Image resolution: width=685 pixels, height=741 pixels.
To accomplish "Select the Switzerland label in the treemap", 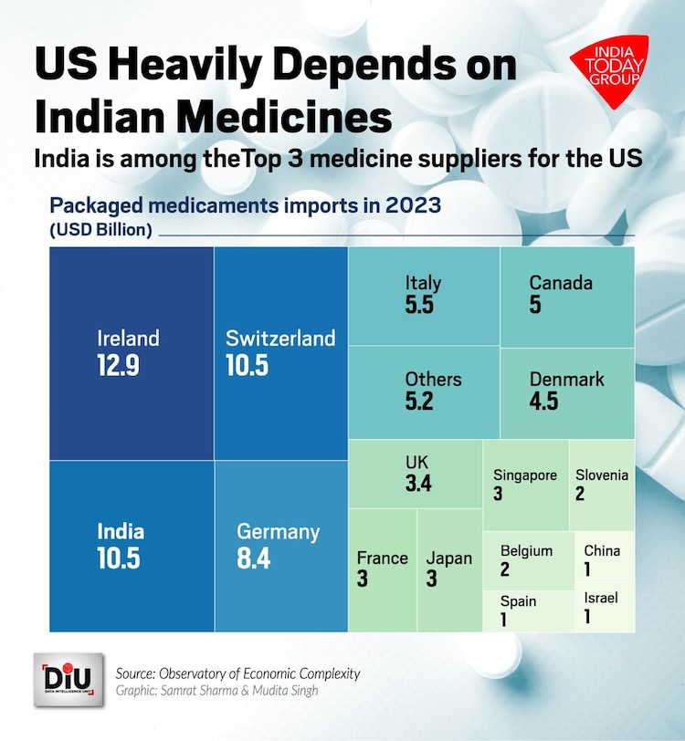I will click(x=280, y=339).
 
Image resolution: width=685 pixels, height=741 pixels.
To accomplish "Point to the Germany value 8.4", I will click(x=254, y=558).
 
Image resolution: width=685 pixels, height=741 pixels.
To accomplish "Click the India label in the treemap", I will click(x=121, y=531).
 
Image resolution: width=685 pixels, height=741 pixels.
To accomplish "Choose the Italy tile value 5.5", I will click(x=419, y=306).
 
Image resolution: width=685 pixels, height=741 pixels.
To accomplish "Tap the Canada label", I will click(x=561, y=282).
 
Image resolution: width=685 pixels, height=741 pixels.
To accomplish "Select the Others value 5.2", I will click(x=419, y=402).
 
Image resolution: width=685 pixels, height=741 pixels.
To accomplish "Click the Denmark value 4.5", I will click(x=543, y=402).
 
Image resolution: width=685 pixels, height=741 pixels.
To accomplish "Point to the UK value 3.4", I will click(x=418, y=484).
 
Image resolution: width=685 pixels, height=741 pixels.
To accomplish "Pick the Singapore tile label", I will click(x=525, y=475).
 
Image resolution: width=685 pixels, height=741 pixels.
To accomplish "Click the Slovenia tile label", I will click(x=601, y=475).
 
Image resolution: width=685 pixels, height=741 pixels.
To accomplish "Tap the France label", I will click(x=382, y=558).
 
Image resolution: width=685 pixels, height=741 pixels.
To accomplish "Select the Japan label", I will click(x=449, y=558).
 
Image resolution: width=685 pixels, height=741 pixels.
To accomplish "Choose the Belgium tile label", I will click(x=526, y=550).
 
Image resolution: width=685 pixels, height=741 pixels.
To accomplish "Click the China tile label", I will click(x=602, y=550).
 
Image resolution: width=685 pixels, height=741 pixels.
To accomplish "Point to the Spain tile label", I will click(x=519, y=601).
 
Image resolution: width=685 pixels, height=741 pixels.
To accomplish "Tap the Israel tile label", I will click(x=601, y=598).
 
